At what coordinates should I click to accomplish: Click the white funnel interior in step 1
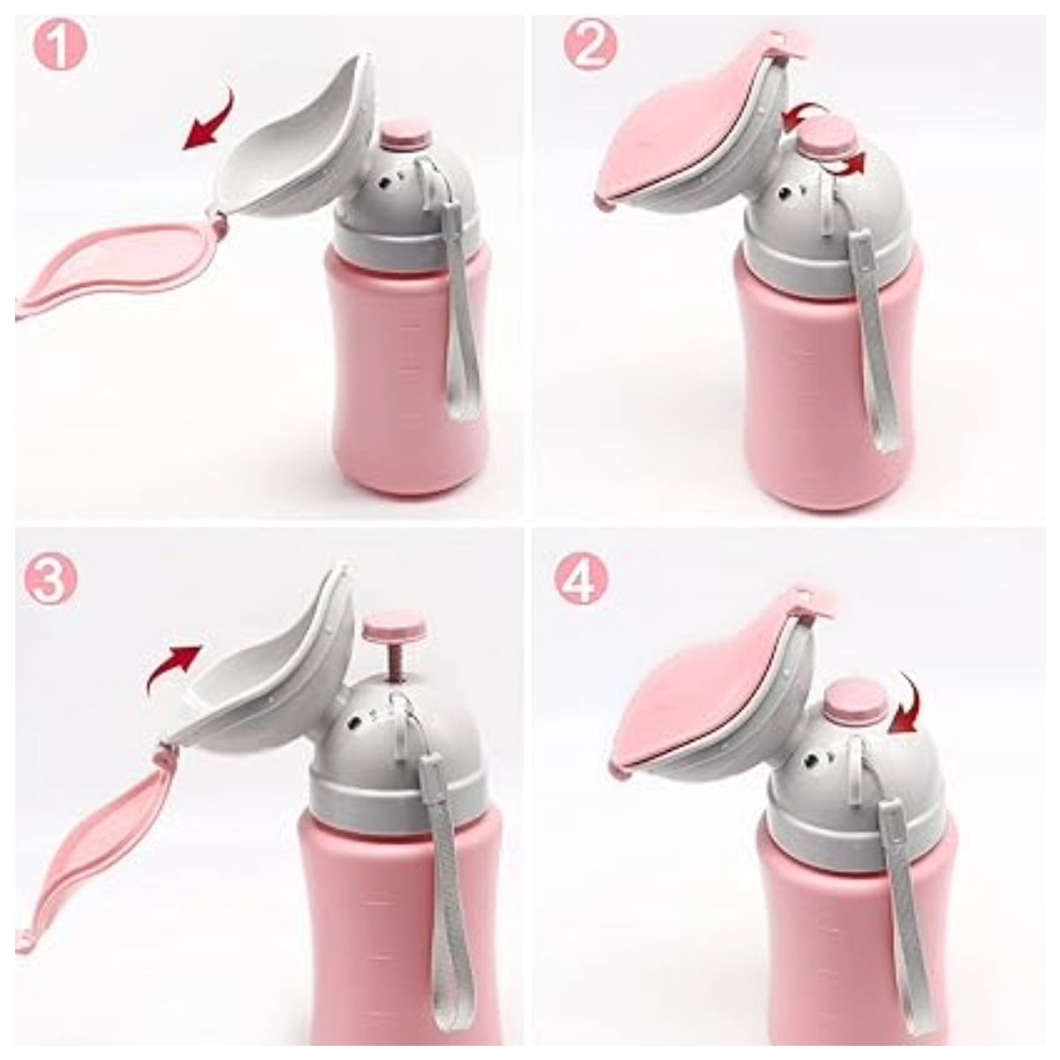click(x=283, y=141)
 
